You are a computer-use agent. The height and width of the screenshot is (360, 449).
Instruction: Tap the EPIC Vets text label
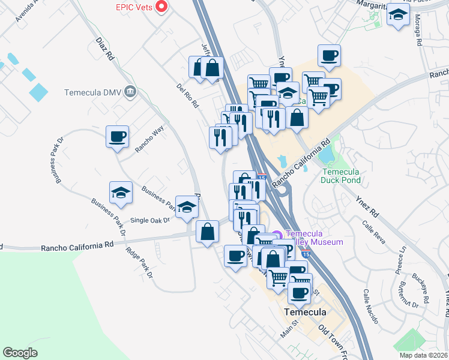tap(133, 7)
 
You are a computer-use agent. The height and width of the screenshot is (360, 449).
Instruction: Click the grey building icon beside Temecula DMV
tap(131, 92)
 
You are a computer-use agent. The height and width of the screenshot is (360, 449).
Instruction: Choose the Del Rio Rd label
tap(187, 95)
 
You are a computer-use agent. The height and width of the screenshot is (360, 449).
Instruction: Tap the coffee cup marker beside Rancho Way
tap(117, 136)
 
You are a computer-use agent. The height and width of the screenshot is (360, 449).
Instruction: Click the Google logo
tap(20, 353)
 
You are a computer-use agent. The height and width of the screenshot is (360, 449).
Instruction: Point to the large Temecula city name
tap(305, 312)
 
